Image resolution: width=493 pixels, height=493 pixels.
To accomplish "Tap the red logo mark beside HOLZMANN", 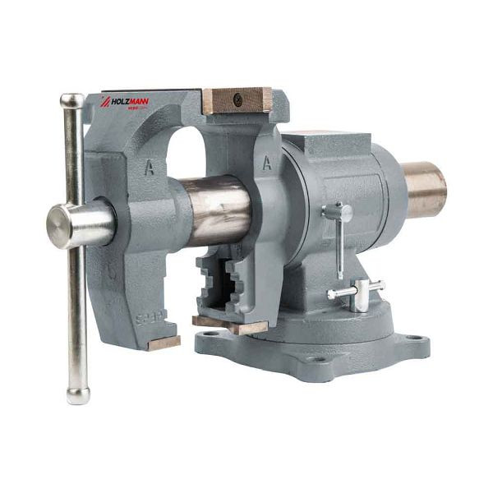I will [105, 103].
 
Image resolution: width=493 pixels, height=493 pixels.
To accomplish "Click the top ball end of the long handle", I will [71, 101].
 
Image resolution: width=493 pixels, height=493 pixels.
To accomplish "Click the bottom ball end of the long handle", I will [78, 395].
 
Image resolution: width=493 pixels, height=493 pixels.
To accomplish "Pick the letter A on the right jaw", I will [266, 163].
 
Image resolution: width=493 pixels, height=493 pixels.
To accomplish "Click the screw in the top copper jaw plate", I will [237, 100].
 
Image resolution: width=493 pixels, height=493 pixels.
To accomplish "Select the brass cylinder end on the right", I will [424, 189].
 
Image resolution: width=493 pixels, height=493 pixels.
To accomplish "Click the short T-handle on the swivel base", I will [357, 292].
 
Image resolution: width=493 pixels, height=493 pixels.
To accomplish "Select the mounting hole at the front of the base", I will [314, 358].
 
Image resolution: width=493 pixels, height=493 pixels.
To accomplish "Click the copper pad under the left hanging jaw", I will [164, 342].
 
